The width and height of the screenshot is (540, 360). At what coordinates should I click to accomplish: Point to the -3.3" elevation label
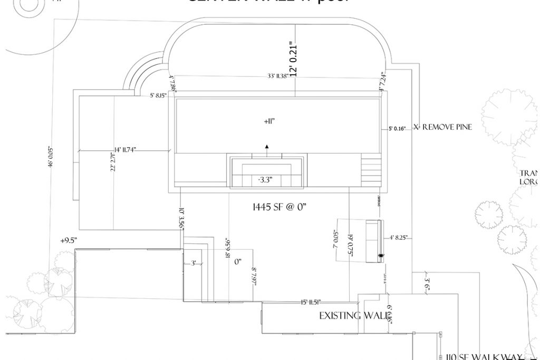[265, 180]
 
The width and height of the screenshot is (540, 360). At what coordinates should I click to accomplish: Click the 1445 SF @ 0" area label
[280, 208]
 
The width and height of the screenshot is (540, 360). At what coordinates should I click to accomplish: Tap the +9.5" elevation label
[69, 241]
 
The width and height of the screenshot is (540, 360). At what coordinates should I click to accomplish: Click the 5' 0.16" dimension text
[397, 128]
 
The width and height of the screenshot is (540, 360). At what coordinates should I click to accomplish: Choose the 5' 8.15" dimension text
[158, 95]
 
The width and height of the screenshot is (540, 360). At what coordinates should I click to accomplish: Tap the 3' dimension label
[194, 262]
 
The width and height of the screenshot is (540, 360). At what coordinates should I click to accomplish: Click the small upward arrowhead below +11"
[267, 145]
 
